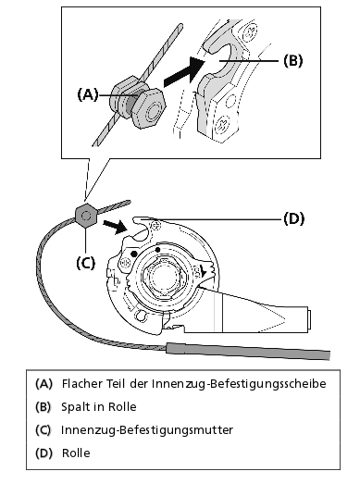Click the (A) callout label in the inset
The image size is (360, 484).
88,94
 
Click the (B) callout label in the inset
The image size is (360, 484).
293,60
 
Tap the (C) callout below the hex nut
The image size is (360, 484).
85,263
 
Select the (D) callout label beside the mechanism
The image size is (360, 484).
293,218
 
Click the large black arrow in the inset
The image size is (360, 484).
184,71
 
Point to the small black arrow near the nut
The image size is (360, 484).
116,227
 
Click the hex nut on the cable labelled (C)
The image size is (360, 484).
86,216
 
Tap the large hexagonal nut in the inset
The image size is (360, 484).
150,108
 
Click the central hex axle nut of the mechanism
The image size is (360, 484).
163,276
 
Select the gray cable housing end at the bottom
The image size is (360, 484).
248,352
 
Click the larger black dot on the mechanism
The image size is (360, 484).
134,254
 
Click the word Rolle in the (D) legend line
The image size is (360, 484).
76,453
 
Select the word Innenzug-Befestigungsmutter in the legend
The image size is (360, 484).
147,430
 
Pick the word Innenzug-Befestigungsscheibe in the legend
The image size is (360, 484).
239,384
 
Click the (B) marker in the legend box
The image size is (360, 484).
43,407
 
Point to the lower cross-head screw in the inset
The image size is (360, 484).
224,123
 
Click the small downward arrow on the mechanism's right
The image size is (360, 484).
203,271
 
